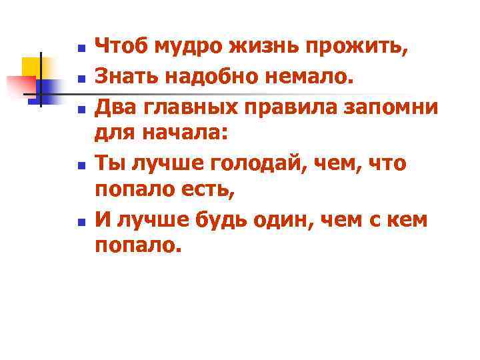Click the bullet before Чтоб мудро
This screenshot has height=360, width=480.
(x=80, y=49)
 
